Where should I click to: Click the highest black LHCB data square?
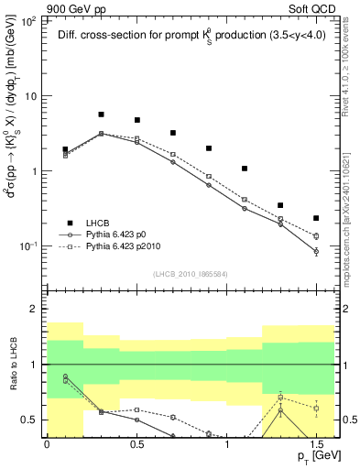[101, 115]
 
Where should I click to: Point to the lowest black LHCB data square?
[316, 218]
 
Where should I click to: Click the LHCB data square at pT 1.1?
[245, 169]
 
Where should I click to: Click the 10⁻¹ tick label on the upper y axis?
[27, 246]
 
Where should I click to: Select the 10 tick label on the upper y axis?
[30, 95]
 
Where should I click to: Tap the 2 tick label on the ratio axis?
[34, 309]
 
